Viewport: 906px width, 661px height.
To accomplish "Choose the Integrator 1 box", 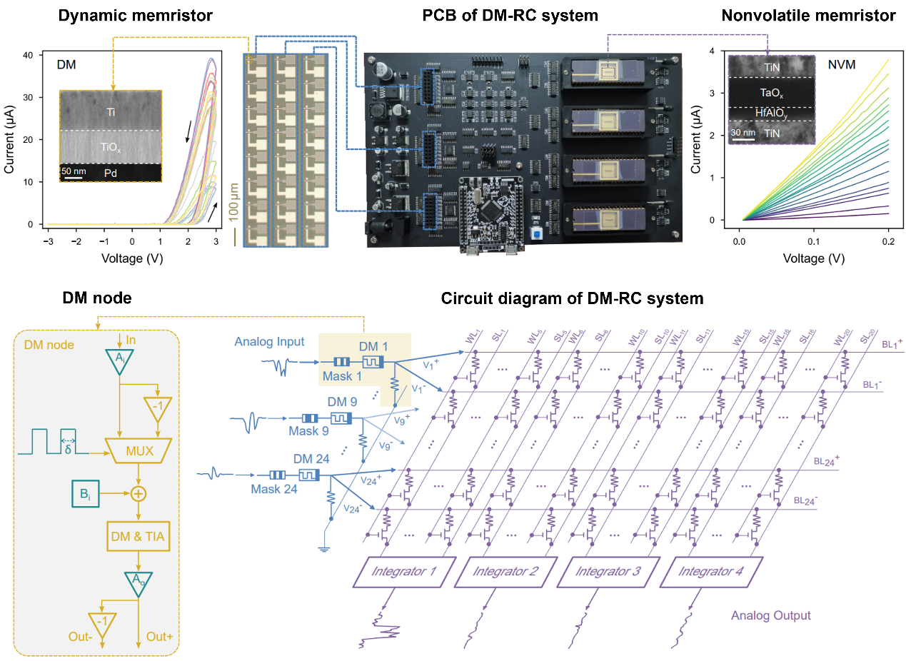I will pyautogui.click(x=403, y=572).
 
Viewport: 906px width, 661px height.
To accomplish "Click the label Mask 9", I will pyautogui.click(x=308, y=431).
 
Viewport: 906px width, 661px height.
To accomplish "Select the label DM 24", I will pyautogui.click(x=311, y=459).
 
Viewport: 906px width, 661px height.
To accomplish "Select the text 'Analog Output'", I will pyautogui.click(x=770, y=615).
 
